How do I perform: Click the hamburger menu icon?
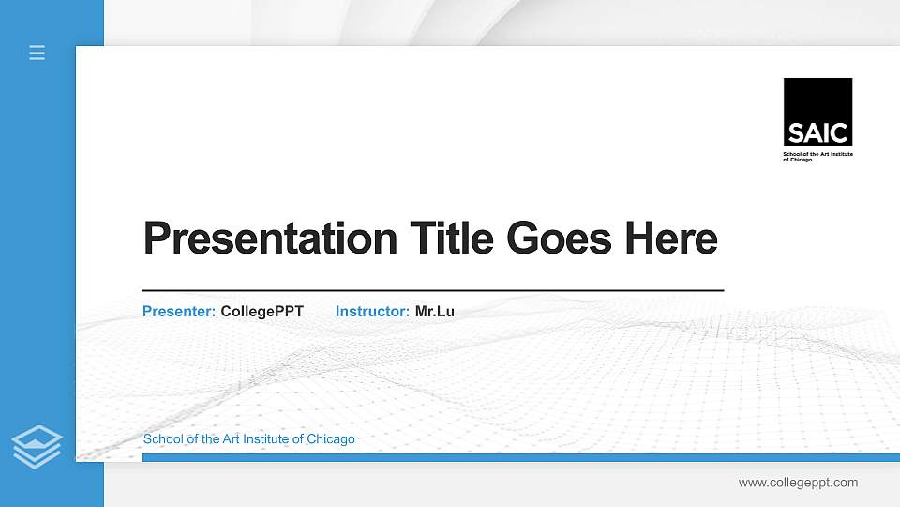(37, 53)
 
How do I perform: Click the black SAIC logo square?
(817, 112)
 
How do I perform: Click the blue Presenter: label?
(179, 311)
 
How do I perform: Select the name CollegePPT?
(262, 311)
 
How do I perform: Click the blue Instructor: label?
(372, 311)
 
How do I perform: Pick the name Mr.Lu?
(434, 311)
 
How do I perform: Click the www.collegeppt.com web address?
(798, 483)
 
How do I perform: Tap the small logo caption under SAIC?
(817, 156)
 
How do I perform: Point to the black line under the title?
(432, 291)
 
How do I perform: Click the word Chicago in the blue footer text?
(333, 439)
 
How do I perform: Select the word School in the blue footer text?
(161, 439)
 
